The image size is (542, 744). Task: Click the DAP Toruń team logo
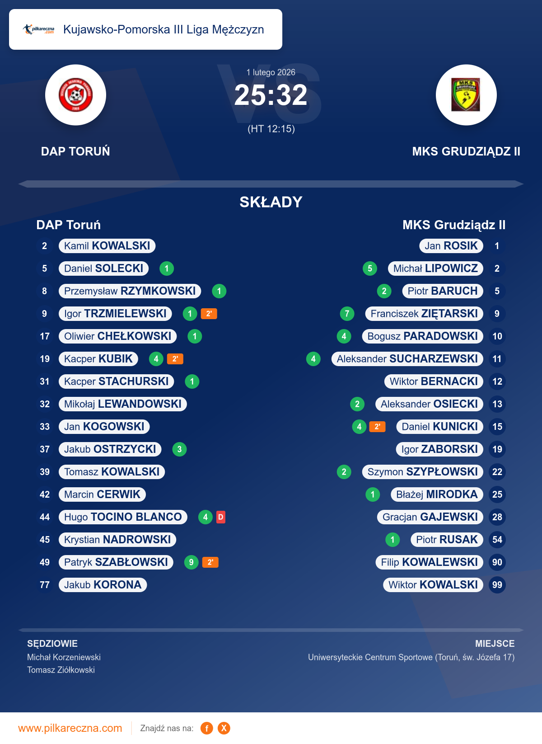click(75, 95)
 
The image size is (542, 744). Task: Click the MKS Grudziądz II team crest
click(466, 95)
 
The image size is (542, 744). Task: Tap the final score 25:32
click(271, 95)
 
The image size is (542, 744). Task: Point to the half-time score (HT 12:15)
click(271, 129)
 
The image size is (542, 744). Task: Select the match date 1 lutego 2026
click(271, 72)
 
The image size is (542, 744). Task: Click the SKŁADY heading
click(271, 202)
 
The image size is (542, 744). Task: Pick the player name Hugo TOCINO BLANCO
click(123, 517)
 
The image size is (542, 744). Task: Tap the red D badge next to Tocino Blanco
click(220, 517)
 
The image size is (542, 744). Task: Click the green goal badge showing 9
click(192, 562)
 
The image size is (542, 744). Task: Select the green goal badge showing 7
click(347, 314)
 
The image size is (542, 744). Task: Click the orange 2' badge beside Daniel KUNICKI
click(377, 427)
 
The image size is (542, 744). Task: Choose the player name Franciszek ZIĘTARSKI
click(424, 314)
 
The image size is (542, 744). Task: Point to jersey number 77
click(45, 585)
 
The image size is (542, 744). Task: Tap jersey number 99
click(497, 585)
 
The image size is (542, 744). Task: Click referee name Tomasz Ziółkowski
click(61, 670)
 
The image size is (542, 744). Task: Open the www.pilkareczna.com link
click(70, 728)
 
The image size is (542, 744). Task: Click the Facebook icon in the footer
click(207, 728)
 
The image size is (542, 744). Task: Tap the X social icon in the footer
click(224, 728)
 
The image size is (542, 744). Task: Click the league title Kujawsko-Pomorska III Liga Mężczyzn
click(164, 29)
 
